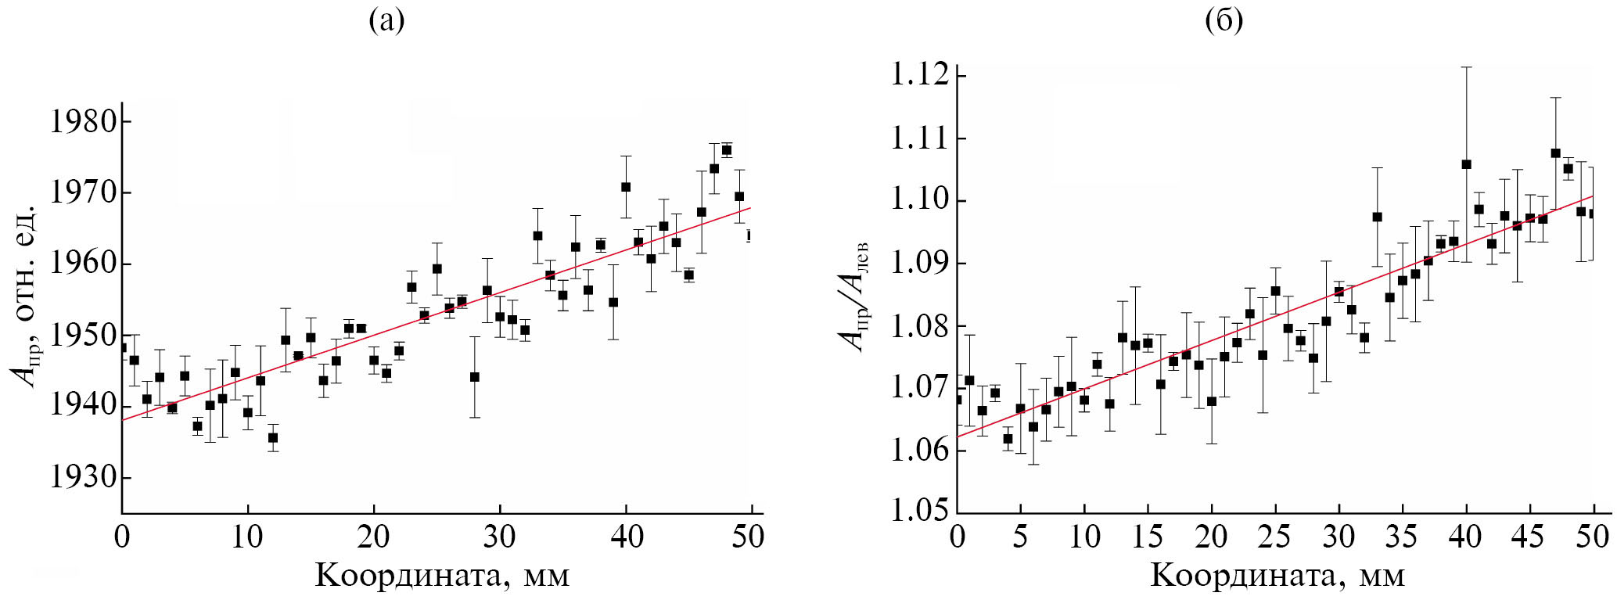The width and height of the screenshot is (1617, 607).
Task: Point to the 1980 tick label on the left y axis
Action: tap(83, 122)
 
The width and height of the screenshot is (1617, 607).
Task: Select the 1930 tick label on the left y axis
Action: tap(83, 477)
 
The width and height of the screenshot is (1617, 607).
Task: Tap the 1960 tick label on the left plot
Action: tap(83, 264)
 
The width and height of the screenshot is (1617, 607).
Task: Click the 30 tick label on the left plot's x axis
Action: tap(499, 537)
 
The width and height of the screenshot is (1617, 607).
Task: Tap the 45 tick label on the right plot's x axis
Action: tap(1528, 537)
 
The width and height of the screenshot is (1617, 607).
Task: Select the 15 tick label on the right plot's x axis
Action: tap(1147, 537)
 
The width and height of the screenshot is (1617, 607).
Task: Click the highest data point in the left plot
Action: tap(727, 150)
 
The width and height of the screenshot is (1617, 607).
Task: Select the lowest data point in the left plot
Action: tap(273, 438)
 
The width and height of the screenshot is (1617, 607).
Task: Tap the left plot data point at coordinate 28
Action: tap(474, 377)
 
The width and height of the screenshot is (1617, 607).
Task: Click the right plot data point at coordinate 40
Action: tap(1466, 164)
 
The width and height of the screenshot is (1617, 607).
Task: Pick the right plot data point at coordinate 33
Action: tap(1377, 217)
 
